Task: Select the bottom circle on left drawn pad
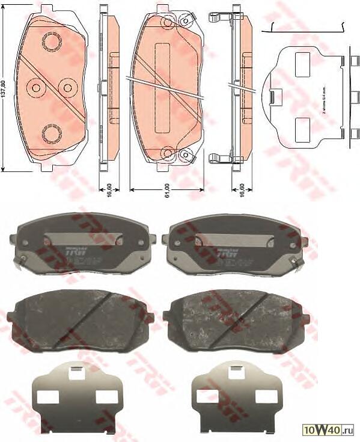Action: coord(51,132)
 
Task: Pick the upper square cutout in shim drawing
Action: coord(302,61)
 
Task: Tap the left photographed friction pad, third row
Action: coord(81,320)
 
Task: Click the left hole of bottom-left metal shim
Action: coord(47,396)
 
